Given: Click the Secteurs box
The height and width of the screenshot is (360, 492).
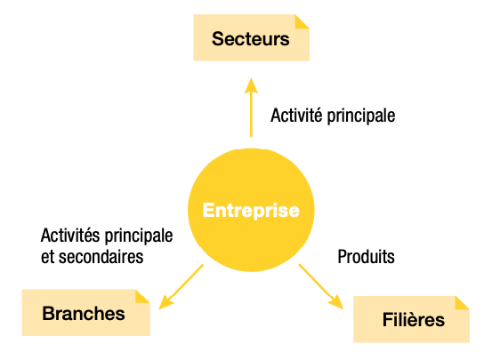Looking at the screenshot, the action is (251, 37).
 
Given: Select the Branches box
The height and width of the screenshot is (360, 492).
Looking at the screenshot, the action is (86, 313).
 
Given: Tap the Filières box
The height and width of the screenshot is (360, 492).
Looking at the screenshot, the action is (411, 319).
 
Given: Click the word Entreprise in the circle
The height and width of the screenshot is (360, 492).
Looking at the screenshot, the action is (251, 210).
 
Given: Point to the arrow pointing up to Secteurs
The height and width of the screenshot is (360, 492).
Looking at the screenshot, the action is (251, 108).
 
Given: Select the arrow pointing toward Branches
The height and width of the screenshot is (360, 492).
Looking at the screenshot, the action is (181, 287).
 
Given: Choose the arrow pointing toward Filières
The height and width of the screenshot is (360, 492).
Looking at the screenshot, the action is (321, 286).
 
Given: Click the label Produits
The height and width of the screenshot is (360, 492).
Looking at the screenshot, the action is (367, 257).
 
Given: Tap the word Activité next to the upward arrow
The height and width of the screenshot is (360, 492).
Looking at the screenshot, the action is (296, 115).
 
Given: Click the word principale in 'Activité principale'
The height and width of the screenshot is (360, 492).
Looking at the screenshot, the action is (361, 116).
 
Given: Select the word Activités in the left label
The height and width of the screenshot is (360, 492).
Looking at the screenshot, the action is (69, 236).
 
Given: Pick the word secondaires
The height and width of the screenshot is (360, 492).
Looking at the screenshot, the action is (101, 257).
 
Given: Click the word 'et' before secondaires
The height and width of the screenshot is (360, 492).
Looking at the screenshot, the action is (48, 258).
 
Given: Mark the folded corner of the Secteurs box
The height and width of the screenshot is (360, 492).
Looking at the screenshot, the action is (302, 21).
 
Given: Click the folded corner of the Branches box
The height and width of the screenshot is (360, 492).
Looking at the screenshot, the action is (142, 296).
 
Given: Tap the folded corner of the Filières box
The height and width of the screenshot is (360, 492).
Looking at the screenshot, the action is (462, 303).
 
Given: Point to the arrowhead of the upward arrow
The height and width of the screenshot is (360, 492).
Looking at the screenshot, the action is (251, 85).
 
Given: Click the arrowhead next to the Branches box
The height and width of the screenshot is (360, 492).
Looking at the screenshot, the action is (165, 302).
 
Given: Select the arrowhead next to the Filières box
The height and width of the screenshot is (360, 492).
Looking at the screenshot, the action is (336, 302).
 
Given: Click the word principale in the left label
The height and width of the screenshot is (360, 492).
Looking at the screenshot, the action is (139, 236).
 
